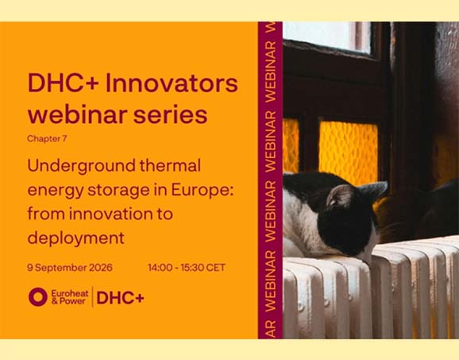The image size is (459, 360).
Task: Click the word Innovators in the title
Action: (x=172, y=83)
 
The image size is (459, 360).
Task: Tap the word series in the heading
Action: (x=171, y=114)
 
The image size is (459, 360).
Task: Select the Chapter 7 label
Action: (x=47, y=138)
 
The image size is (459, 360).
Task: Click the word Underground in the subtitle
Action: (x=81, y=166)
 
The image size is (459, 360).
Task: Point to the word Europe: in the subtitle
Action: (x=202, y=191)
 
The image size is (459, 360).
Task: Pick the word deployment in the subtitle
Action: (x=75, y=238)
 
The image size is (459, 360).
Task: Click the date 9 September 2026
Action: (x=70, y=268)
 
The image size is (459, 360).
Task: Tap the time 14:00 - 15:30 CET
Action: (x=187, y=268)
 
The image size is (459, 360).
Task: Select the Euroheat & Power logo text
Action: (x=70, y=297)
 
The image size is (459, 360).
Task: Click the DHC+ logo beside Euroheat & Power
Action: (x=121, y=298)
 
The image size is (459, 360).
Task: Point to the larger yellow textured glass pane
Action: (x=348, y=152)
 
